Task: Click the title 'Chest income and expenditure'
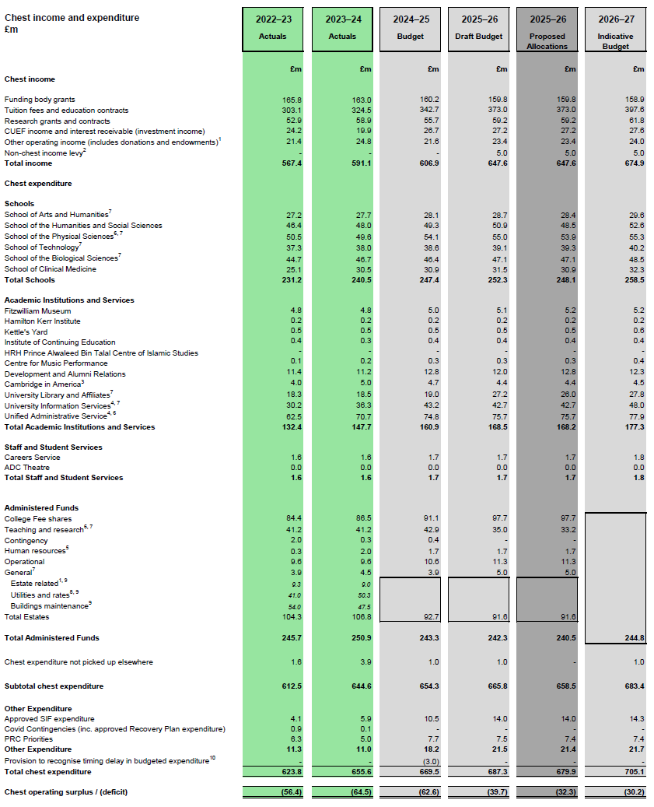click(72, 18)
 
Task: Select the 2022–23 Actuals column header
click(272, 26)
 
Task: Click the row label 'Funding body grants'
click(40, 100)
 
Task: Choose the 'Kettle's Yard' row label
click(26, 332)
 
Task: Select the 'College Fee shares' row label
click(38, 519)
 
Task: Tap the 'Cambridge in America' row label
click(44, 384)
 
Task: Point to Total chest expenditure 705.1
click(633, 772)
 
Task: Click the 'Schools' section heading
click(19, 204)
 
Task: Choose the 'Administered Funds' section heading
click(41, 508)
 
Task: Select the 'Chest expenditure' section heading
click(38, 184)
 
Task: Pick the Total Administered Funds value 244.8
click(633, 638)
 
